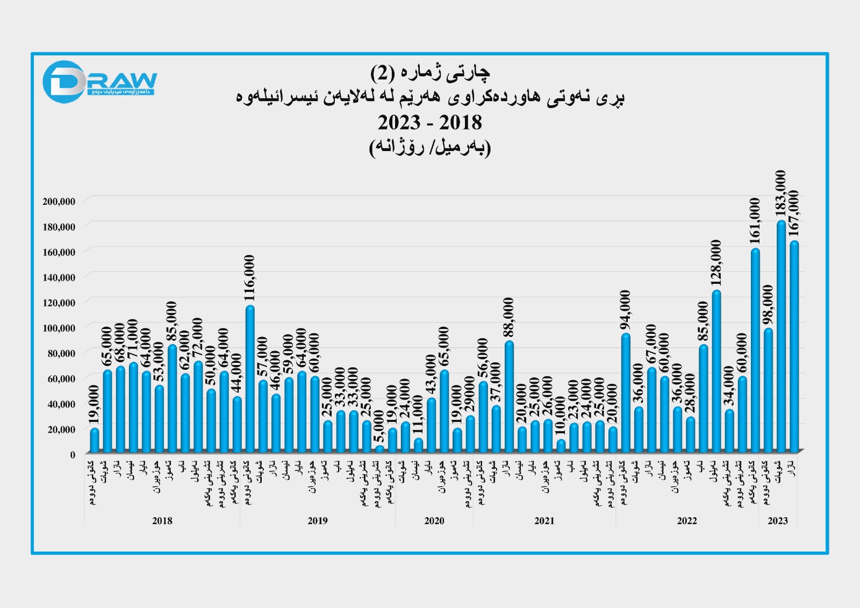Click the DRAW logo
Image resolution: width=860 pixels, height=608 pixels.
(x=99, y=82)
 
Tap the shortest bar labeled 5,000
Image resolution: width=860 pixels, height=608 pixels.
(x=379, y=449)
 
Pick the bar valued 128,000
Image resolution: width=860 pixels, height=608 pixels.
(x=716, y=371)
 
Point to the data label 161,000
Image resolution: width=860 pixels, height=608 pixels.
(x=755, y=221)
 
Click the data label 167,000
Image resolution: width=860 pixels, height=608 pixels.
(x=793, y=213)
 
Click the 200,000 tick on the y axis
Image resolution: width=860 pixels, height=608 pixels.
(x=59, y=202)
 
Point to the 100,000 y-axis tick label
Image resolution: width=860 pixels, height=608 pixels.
(x=59, y=328)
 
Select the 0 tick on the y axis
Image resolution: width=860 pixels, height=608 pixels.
(x=73, y=455)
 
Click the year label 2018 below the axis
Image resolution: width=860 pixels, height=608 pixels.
(x=162, y=520)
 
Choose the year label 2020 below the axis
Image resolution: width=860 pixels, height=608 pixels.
(x=434, y=520)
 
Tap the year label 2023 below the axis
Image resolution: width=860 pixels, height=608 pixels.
(x=778, y=520)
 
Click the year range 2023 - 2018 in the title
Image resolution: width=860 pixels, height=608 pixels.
(x=429, y=123)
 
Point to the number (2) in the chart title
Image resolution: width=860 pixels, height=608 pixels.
(x=383, y=72)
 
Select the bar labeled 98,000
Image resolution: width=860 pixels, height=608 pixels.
(x=768, y=390)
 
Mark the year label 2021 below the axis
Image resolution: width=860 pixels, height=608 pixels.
(x=544, y=520)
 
